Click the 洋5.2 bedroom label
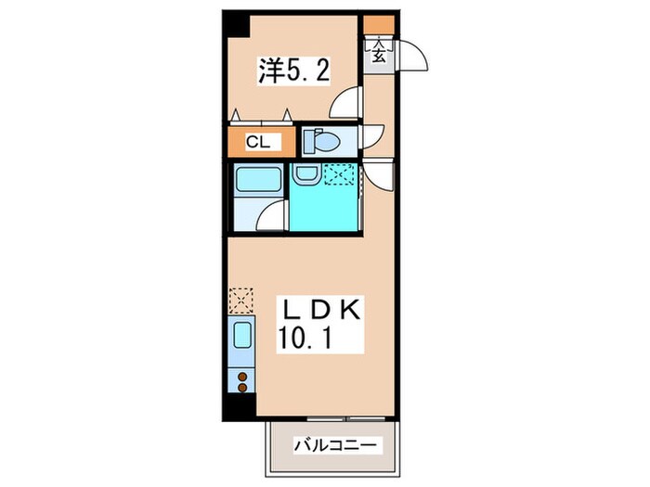point(294,70)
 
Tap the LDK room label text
point(321,309)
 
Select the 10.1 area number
point(305,338)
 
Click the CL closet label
point(258,142)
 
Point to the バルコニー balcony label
point(336,445)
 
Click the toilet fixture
point(321,141)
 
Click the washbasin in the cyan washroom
point(305,173)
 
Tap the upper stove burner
point(242,377)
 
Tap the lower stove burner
point(242,388)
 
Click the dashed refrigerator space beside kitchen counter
point(240,301)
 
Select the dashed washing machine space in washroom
point(340,174)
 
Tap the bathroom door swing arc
point(266,211)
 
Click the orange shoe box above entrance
point(379,24)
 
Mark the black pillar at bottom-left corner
point(239,407)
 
